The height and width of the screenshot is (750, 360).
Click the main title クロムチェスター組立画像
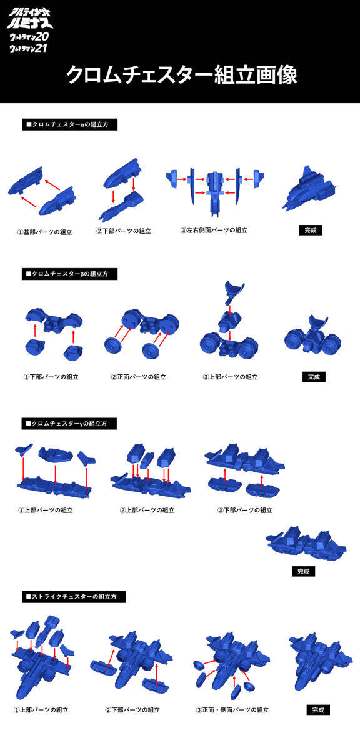(x=181, y=74)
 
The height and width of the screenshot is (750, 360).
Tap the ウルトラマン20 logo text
(x=29, y=36)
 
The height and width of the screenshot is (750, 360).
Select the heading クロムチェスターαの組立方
(x=69, y=124)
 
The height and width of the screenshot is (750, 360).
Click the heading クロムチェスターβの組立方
(x=69, y=274)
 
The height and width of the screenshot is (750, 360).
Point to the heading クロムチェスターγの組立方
(x=69, y=424)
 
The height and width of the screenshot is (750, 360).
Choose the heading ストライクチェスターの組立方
(x=74, y=597)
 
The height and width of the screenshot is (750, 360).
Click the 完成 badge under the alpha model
(x=311, y=231)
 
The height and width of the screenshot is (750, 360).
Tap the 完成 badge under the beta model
(x=314, y=377)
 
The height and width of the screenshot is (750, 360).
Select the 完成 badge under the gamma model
(x=303, y=571)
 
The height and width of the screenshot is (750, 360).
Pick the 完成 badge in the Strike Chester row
(x=318, y=710)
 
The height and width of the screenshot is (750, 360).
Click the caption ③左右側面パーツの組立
(x=214, y=231)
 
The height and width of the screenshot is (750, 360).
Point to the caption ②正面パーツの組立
(x=139, y=377)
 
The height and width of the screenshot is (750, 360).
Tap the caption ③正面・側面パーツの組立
(x=232, y=710)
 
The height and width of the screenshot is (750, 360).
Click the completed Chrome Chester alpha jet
(x=309, y=187)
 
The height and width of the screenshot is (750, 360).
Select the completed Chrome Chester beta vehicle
(x=312, y=335)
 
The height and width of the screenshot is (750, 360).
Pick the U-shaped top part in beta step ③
(x=234, y=291)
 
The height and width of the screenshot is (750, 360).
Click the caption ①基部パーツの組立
(x=44, y=232)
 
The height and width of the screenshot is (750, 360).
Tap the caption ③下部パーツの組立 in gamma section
(x=245, y=510)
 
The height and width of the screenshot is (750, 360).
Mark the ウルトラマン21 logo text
(x=29, y=48)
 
